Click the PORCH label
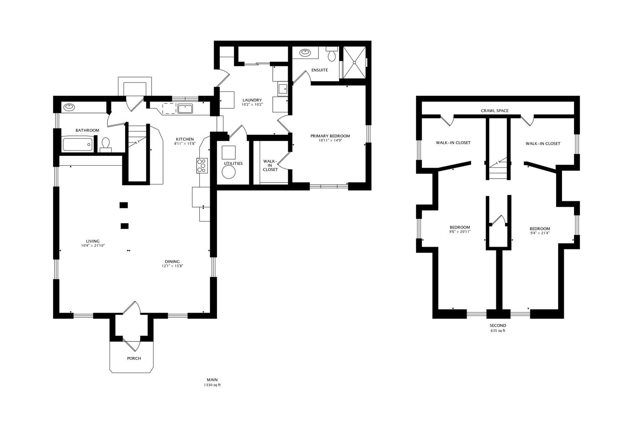click(x=134, y=358)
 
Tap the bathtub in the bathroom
click(x=77, y=145)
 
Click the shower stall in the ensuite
click(x=354, y=63)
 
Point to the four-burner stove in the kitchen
click(x=202, y=166)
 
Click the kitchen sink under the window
click(x=185, y=109)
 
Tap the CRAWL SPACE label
click(x=495, y=111)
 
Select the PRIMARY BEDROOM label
click(x=330, y=136)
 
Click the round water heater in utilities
click(x=229, y=172)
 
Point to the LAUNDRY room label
click(x=252, y=100)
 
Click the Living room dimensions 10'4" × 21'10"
click(x=93, y=246)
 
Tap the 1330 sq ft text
click(x=212, y=385)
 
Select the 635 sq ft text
click(x=498, y=331)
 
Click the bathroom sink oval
click(x=69, y=107)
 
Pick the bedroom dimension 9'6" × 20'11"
click(x=460, y=232)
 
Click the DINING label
click(x=172, y=262)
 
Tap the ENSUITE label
click(x=320, y=70)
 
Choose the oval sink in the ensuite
click(x=305, y=53)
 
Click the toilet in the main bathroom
click(x=105, y=144)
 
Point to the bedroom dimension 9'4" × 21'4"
click(x=540, y=233)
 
